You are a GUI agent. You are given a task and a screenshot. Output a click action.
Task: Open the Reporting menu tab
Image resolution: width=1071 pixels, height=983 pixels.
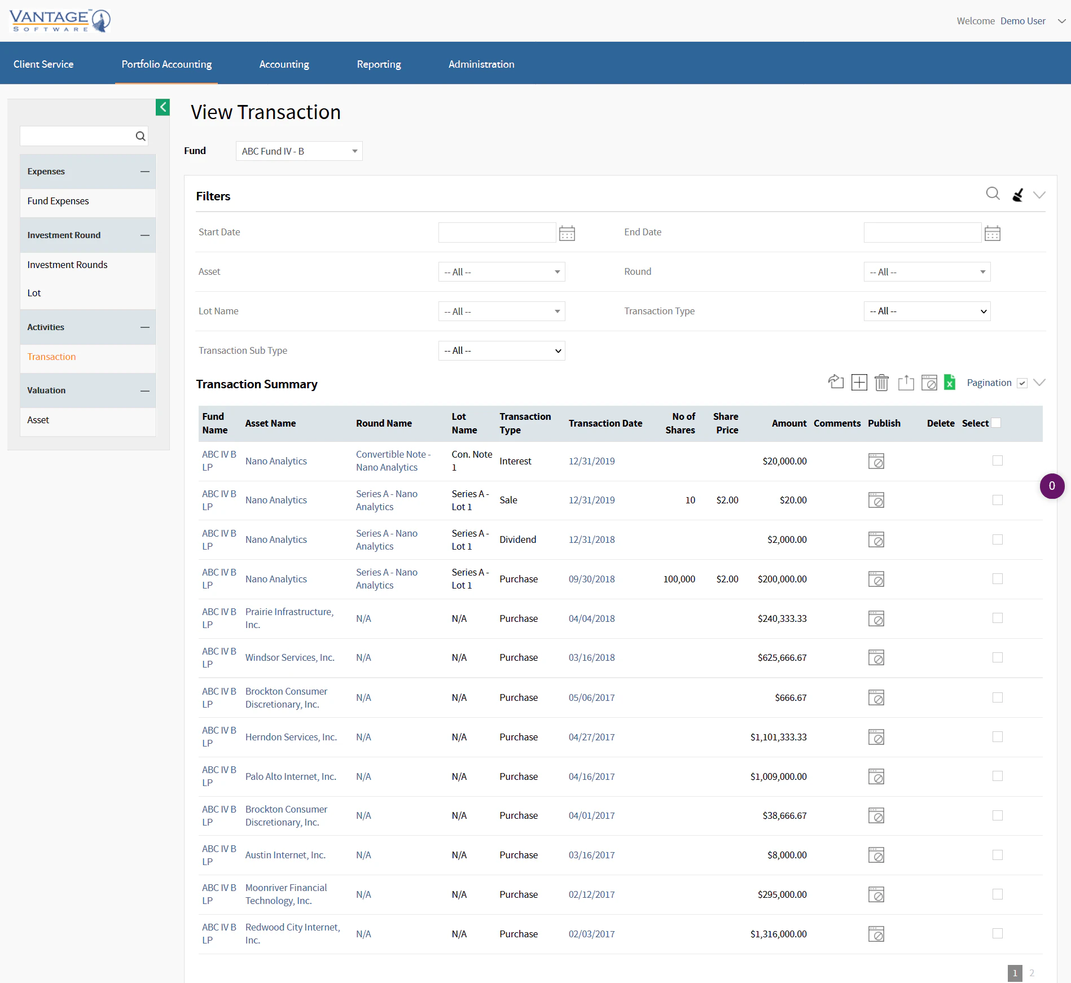pos(379,64)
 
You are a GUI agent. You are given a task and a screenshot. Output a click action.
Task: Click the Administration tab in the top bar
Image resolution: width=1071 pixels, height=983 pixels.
pos(481,64)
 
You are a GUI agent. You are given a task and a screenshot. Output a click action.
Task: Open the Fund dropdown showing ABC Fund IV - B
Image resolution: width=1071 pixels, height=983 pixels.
pos(299,151)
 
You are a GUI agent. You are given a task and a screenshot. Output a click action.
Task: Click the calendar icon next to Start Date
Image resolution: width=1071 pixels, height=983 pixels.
pos(567,233)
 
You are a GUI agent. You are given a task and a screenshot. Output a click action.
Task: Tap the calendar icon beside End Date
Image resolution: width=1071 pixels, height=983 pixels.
pos(992,233)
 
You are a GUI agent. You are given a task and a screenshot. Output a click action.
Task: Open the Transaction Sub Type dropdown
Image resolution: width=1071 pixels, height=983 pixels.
pos(501,351)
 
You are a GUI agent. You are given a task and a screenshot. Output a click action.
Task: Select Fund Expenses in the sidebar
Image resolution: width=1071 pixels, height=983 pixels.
pos(58,201)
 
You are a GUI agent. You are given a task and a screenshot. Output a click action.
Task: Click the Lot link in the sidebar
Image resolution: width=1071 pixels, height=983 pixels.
pos(34,293)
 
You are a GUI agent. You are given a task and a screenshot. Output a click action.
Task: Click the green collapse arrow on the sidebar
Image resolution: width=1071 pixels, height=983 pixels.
pos(163,107)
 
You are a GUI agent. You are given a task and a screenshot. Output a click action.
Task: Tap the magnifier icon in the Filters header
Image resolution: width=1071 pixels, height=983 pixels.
pos(993,194)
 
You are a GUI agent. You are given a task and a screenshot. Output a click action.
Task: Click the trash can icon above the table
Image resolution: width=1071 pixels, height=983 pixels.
pos(881,383)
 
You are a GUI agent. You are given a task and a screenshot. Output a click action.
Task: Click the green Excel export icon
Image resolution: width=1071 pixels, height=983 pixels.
pos(950,383)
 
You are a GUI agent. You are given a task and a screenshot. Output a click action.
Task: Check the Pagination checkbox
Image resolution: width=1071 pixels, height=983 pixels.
pos(1022,383)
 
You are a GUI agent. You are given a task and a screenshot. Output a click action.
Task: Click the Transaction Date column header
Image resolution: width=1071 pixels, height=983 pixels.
pos(605,423)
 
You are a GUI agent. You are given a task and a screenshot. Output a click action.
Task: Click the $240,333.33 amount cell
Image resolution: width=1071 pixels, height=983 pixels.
pos(782,618)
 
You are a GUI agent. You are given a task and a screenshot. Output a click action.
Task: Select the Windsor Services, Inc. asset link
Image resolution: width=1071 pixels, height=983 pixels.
pos(289,658)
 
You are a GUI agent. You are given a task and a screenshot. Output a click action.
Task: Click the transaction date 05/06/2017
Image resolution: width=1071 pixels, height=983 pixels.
pos(591,697)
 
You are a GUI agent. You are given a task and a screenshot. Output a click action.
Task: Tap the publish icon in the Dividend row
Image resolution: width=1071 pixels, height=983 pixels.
pos(876,540)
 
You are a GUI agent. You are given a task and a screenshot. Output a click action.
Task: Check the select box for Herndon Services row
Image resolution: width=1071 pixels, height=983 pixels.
pos(997,737)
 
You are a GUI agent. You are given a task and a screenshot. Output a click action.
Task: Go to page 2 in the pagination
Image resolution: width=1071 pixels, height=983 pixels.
pos(1032,973)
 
